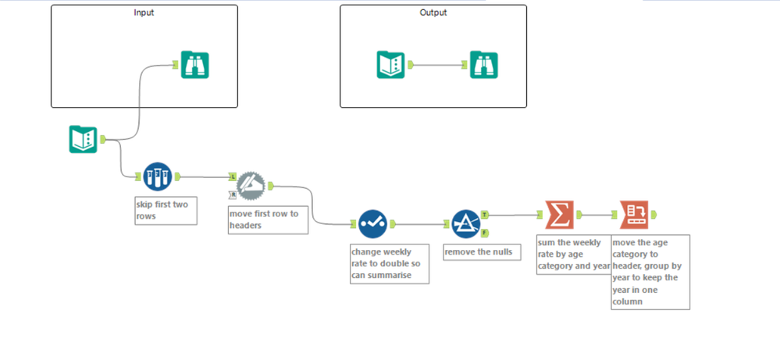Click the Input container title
[144, 12]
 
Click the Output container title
[433, 12]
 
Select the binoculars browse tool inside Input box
[194, 65]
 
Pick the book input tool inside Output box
[390, 65]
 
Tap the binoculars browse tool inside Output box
[484, 65]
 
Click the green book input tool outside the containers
[83, 140]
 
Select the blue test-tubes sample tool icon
[157, 176]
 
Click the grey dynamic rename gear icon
[251, 184]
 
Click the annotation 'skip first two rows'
[165, 211]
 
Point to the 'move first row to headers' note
[267, 219]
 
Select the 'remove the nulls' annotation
[481, 252]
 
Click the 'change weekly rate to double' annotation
[389, 264]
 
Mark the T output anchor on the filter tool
[485, 214]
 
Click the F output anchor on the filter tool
[485, 233]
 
